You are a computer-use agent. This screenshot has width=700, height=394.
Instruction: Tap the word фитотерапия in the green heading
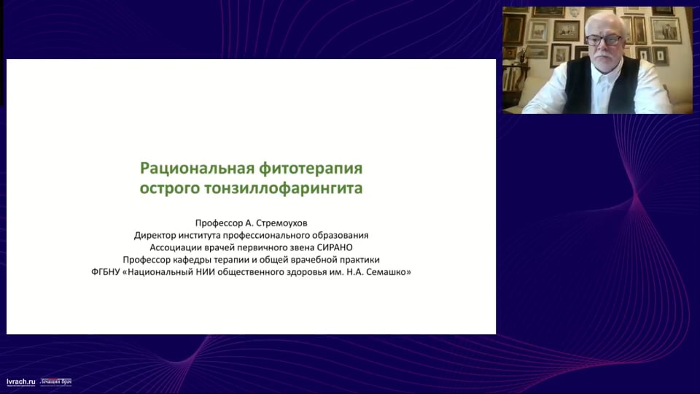[311, 169]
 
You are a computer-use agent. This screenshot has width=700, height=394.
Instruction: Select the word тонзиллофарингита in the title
[284, 188]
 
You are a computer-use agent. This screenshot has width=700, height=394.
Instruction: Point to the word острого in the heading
[170, 189]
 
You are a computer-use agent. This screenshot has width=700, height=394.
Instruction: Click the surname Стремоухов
[283, 223]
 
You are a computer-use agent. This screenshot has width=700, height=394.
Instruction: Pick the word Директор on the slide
[155, 236]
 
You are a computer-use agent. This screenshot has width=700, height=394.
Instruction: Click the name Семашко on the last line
[386, 272]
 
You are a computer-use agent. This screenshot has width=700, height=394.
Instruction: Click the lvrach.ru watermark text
[21, 382]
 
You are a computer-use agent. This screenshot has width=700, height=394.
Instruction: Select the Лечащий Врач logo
[56, 382]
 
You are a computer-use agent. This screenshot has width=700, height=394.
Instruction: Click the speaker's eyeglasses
[604, 39]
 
